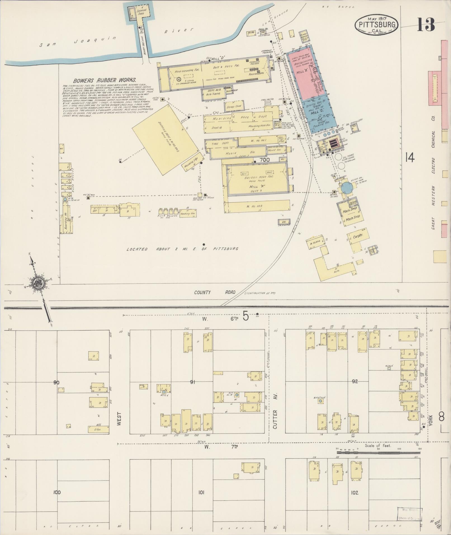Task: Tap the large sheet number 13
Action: point(426,24)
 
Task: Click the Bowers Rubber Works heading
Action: point(105,80)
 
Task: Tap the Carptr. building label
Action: point(358,237)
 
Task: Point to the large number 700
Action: point(264,160)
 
